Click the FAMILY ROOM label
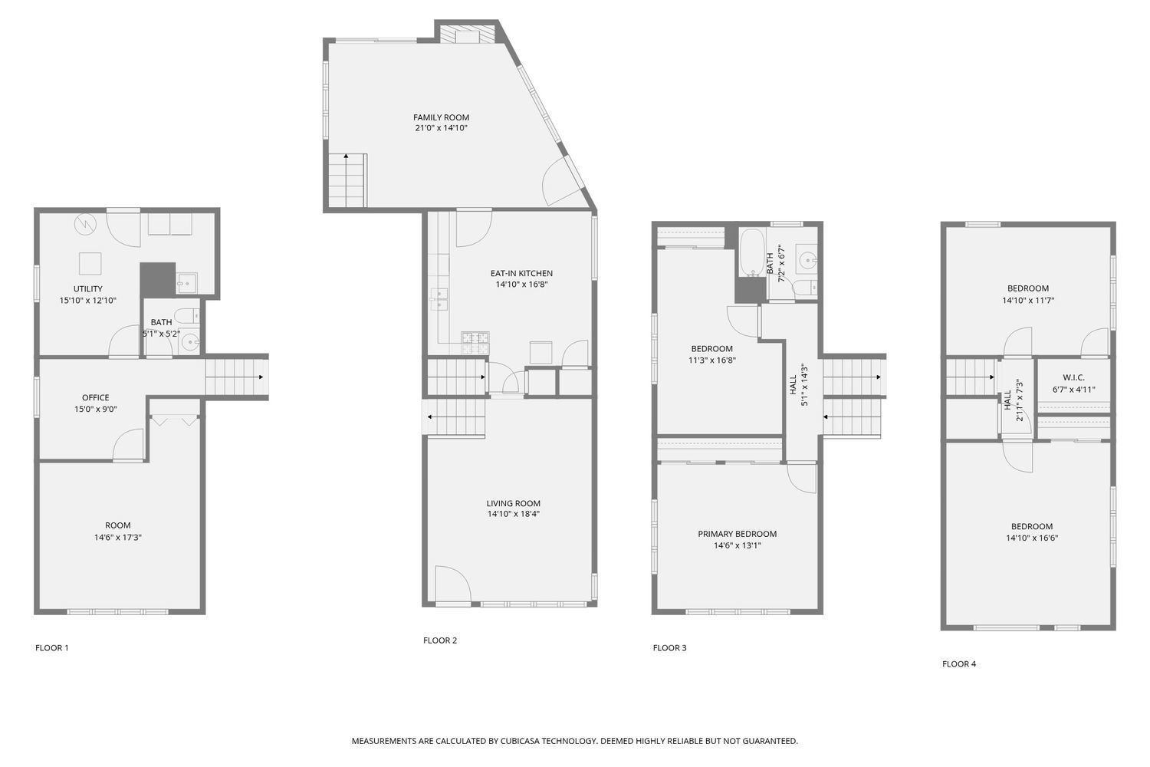[441, 117]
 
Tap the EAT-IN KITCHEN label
[521, 273]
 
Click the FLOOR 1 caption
[52, 648]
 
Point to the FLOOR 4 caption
[959, 664]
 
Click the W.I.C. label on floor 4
[1073, 377]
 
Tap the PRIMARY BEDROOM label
[737, 534]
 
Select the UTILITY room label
[88, 289]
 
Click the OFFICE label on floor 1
[96, 397]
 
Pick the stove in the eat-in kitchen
[475, 343]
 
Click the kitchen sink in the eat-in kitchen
[439, 298]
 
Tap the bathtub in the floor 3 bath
[751, 252]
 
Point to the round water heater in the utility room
[84, 224]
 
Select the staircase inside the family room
[347, 180]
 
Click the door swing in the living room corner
[451, 584]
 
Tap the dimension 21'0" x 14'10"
[441, 129]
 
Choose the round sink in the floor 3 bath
[806, 260]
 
